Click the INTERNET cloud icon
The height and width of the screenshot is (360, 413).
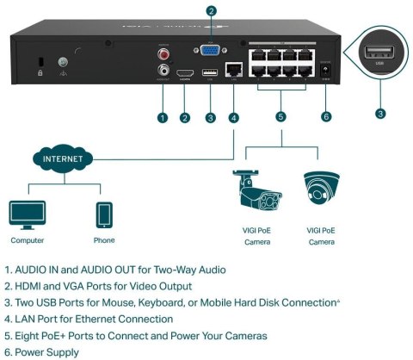(64, 160)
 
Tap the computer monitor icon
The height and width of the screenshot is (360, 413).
(28, 214)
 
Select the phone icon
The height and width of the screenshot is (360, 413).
(103, 214)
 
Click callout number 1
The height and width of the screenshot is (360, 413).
(162, 117)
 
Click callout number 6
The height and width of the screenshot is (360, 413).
(325, 117)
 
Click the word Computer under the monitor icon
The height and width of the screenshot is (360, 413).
(28, 240)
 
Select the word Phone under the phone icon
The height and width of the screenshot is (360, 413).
(103, 240)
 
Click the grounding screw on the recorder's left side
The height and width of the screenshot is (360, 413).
(61, 63)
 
